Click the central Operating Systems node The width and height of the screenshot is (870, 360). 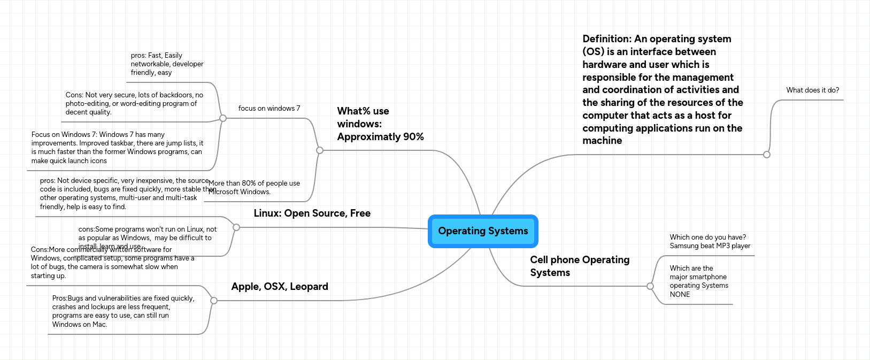click(483, 231)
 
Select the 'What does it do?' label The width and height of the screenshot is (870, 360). click(812, 90)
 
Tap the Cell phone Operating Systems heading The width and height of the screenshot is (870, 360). click(580, 266)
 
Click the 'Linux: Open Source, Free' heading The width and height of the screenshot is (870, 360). click(312, 213)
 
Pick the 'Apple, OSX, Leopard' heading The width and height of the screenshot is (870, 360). click(280, 287)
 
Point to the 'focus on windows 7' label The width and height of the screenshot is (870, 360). click(269, 109)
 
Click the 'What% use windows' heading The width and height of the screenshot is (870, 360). click(380, 124)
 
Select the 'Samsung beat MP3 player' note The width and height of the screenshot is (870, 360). click(710, 246)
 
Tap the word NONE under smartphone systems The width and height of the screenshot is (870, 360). click(680, 295)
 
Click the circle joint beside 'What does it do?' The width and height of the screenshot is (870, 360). click(767, 155)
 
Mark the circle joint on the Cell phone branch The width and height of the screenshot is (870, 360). click(650, 286)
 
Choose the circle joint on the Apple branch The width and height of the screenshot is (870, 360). click(214, 301)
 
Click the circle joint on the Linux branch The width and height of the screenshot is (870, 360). click(236, 227)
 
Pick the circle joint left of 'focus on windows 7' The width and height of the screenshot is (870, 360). click(224, 118)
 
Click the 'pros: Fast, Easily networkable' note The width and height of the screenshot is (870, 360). click(167, 64)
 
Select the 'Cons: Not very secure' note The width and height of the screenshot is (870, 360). click(134, 104)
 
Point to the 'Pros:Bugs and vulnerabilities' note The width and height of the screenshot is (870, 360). click(123, 311)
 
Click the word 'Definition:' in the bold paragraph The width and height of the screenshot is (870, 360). click(607, 39)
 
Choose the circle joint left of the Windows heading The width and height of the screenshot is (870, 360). click(320, 150)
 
